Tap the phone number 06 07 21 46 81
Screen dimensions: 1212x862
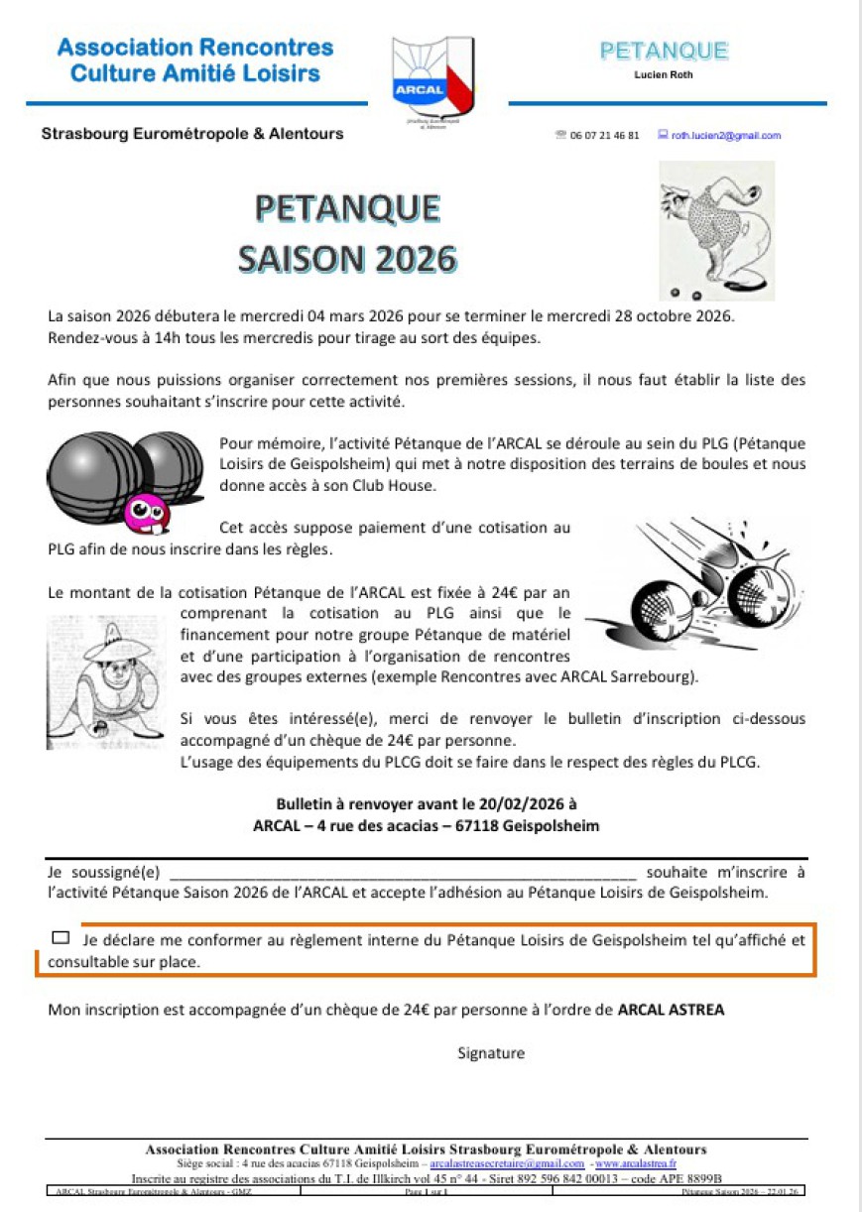tap(604, 135)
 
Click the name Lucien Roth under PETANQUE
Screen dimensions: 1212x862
tap(663, 74)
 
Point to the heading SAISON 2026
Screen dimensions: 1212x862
tap(347, 258)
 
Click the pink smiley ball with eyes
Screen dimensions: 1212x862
tap(146, 512)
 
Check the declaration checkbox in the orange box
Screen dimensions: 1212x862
tap(61, 936)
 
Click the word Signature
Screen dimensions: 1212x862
tap(491, 1053)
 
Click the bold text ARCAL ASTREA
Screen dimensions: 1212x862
tap(671, 1011)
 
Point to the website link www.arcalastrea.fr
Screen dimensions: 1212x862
tap(636, 1163)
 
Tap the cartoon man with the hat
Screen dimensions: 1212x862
tap(104, 680)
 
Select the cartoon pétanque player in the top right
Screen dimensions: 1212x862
tap(715, 231)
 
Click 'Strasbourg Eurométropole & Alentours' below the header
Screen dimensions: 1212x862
tap(192, 133)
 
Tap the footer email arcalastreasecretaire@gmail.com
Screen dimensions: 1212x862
tap(507, 1163)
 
